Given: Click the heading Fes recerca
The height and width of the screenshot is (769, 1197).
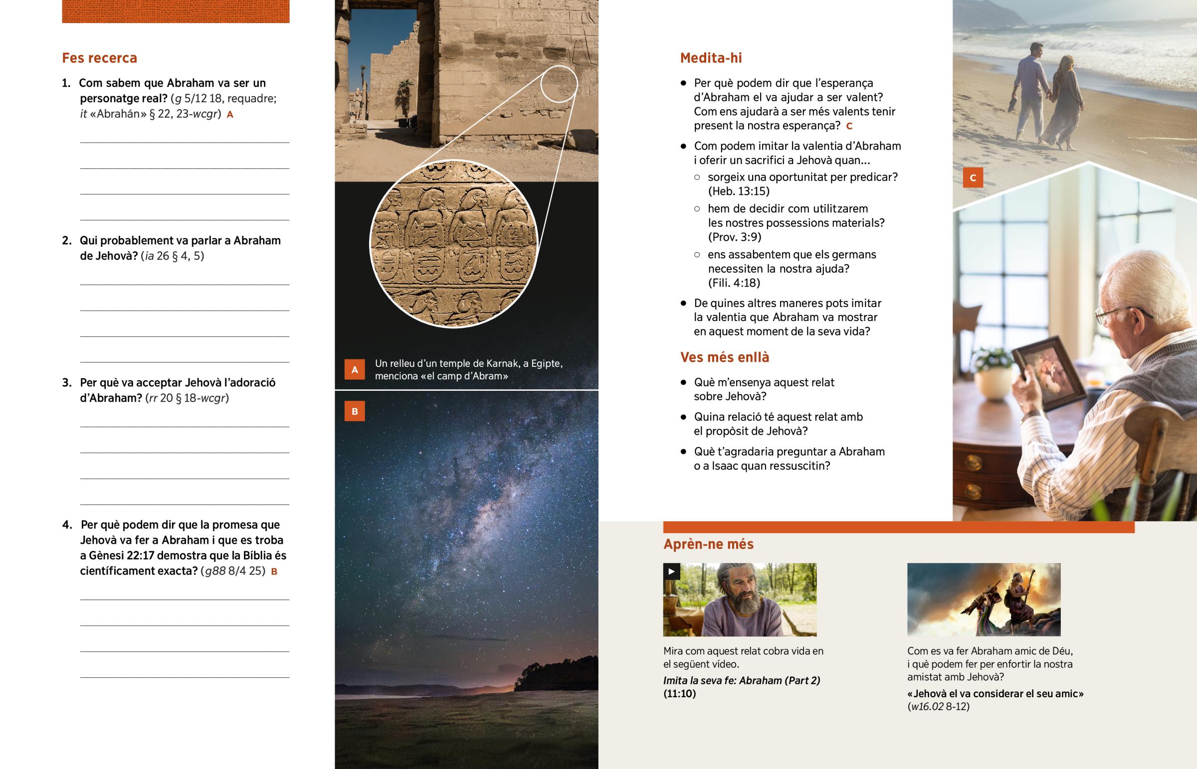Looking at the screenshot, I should pyautogui.click(x=99, y=58).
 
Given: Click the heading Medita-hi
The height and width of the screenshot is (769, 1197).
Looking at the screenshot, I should pyautogui.click(x=710, y=58).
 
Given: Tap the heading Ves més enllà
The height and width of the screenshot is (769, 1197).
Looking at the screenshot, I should pyautogui.click(x=724, y=357).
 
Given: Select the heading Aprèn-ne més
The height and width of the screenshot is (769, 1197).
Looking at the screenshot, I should pyautogui.click(x=708, y=544).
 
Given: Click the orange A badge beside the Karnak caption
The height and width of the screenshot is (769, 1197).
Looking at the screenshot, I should pyautogui.click(x=354, y=370).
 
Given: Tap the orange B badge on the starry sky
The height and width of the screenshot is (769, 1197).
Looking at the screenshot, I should pyautogui.click(x=354, y=412).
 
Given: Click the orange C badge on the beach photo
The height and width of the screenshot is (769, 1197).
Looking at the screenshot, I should pyautogui.click(x=972, y=178).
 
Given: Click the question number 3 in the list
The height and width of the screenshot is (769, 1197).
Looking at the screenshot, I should pyautogui.click(x=67, y=383).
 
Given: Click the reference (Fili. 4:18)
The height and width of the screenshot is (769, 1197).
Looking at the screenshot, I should pyautogui.click(x=734, y=283).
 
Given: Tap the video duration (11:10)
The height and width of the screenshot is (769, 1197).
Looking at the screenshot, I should pyautogui.click(x=679, y=694).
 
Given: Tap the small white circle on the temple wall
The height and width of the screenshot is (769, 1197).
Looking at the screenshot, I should pyautogui.click(x=559, y=84).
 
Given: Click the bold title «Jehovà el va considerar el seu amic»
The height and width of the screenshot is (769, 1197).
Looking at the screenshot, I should pyautogui.click(x=995, y=694).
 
